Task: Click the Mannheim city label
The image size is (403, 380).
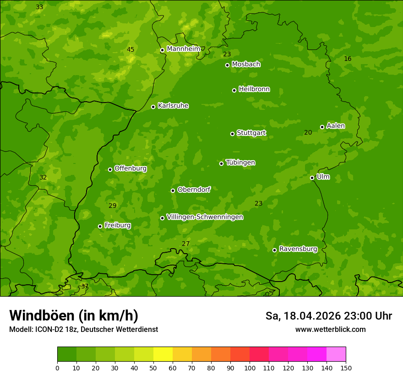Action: (184, 49)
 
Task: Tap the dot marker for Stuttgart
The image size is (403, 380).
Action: (232, 134)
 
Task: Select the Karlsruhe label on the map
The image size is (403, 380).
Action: (173, 106)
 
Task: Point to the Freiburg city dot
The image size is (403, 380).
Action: (100, 226)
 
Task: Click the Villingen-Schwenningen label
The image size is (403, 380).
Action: (205, 217)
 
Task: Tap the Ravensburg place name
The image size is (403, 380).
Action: (298, 249)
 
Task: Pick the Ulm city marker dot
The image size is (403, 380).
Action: (312, 178)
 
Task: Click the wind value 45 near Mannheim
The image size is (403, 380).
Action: (131, 49)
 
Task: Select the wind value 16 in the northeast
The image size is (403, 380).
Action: (348, 59)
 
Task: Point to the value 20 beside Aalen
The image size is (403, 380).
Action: (308, 132)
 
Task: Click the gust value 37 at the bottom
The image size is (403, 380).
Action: (84, 286)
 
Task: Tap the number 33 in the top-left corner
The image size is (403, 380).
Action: (39, 7)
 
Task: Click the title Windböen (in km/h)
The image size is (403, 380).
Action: (74, 315)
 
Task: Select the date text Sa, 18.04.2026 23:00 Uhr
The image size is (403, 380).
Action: (328, 316)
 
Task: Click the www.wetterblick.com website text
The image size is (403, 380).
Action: (330, 329)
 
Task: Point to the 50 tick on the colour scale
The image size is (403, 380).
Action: (153, 367)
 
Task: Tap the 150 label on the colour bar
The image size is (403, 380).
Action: (346, 367)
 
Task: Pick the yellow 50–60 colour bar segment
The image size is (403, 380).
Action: (163, 354)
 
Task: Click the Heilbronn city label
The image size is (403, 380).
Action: (254, 89)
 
